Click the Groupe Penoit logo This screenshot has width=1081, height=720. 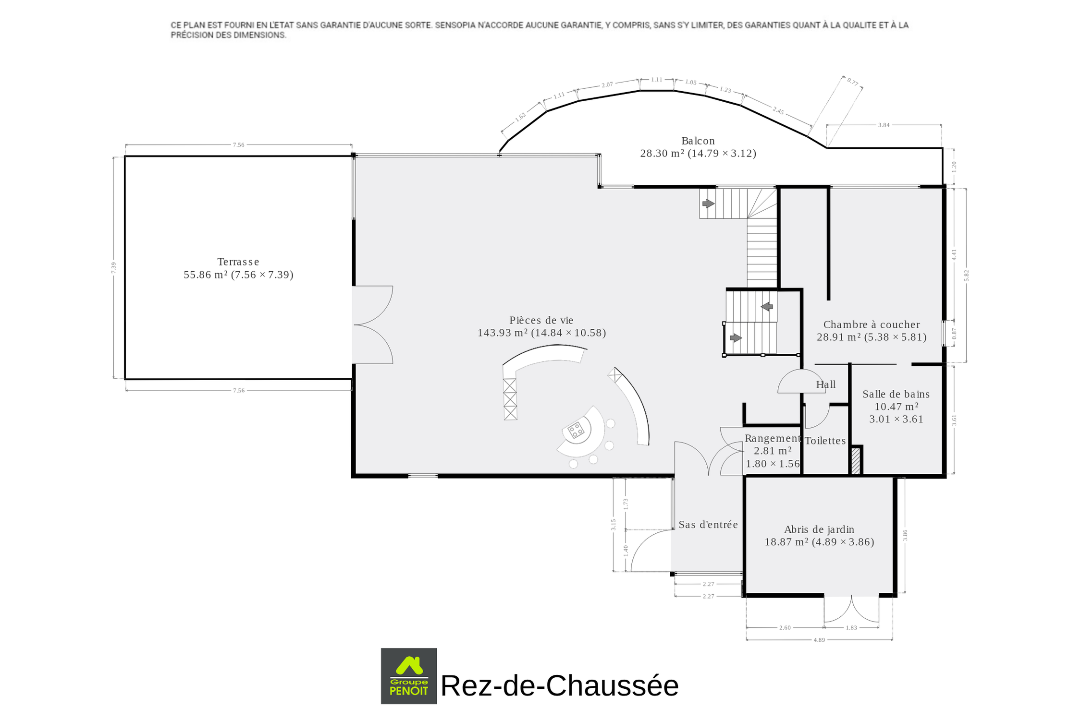pyautogui.click(x=409, y=676)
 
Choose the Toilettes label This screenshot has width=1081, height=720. pyautogui.click(x=825, y=441)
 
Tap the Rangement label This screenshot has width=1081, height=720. pyautogui.click(x=773, y=438)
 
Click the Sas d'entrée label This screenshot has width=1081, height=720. pyautogui.click(x=708, y=525)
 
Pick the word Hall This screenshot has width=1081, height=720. pyautogui.click(x=826, y=384)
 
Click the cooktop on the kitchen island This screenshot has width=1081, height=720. pyautogui.click(x=576, y=430)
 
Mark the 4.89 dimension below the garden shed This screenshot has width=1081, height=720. pyautogui.click(x=819, y=640)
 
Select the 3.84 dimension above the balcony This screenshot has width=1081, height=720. pyautogui.click(x=884, y=125)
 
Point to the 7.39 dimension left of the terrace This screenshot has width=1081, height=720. pyautogui.click(x=114, y=268)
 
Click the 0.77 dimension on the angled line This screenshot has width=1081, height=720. pyautogui.click(x=853, y=82)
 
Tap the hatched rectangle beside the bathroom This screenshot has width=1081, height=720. pyautogui.click(x=856, y=461)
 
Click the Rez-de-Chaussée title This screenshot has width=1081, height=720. pyautogui.click(x=560, y=685)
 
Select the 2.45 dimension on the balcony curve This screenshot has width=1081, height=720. pyautogui.click(x=778, y=111)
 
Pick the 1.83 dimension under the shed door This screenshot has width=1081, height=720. pyautogui.click(x=851, y=627)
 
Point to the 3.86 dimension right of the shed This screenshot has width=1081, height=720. pyautogui.click(x=905, y=535)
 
